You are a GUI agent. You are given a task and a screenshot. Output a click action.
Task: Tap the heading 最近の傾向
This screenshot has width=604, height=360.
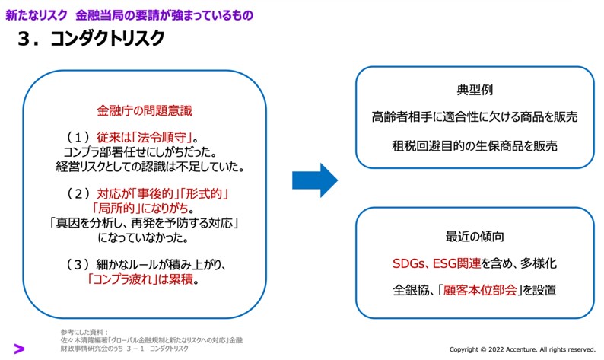coord(475,235)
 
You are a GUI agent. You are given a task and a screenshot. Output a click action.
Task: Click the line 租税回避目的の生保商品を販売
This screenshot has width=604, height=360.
coord(475,145)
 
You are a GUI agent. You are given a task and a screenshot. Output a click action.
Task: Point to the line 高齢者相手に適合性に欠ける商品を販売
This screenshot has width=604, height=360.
coord(475,117)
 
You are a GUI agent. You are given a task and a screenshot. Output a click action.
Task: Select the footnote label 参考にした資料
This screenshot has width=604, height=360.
coord(84,333)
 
